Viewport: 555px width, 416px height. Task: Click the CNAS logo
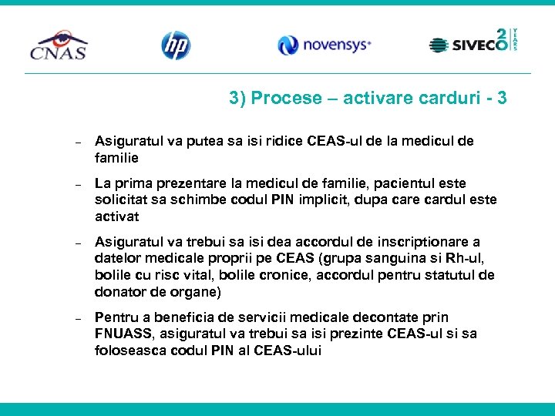[59, 45]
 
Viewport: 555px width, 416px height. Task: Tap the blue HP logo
[175, 45]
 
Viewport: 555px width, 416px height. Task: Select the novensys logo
[325, 45]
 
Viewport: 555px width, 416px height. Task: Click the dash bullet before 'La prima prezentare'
[78, 185]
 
